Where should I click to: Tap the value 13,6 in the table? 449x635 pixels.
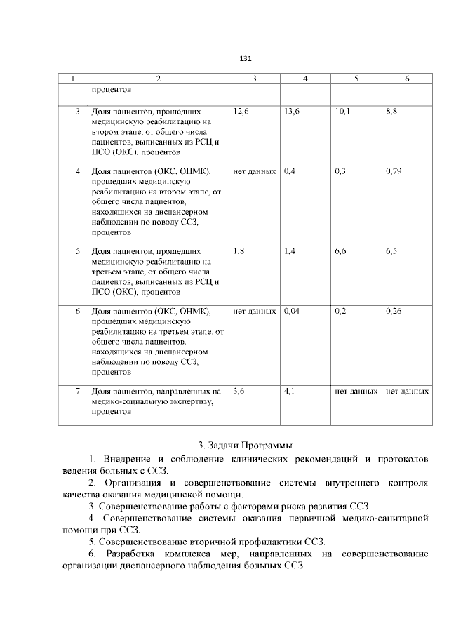pyautogui.click(x=292, y=112)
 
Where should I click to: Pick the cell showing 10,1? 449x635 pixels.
pyautogui.click(x=343, y=112)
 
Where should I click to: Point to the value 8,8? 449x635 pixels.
pyautogui.click(x=391, y=112)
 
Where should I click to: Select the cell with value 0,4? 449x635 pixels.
pyautogui.click(x=290, y=171)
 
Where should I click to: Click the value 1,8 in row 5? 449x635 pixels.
pyautogui.click(x=239, y=250)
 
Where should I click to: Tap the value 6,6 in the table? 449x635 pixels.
pyautogui.click(x=341, y=250)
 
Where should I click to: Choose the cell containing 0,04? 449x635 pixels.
pyautogui.click(x=292, y=309)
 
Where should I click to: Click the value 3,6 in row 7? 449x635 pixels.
pyautogui.click(x=239, y=390)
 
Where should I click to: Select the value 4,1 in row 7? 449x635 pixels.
pyautogui.click(x=290, y=390)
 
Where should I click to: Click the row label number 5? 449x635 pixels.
pyautogui.click(x=78, y=250)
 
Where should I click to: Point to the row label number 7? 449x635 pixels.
pyautogui.click(x=78, y=390)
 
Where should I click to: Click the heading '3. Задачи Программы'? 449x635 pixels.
pyautogui.click(x=245, y=445)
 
